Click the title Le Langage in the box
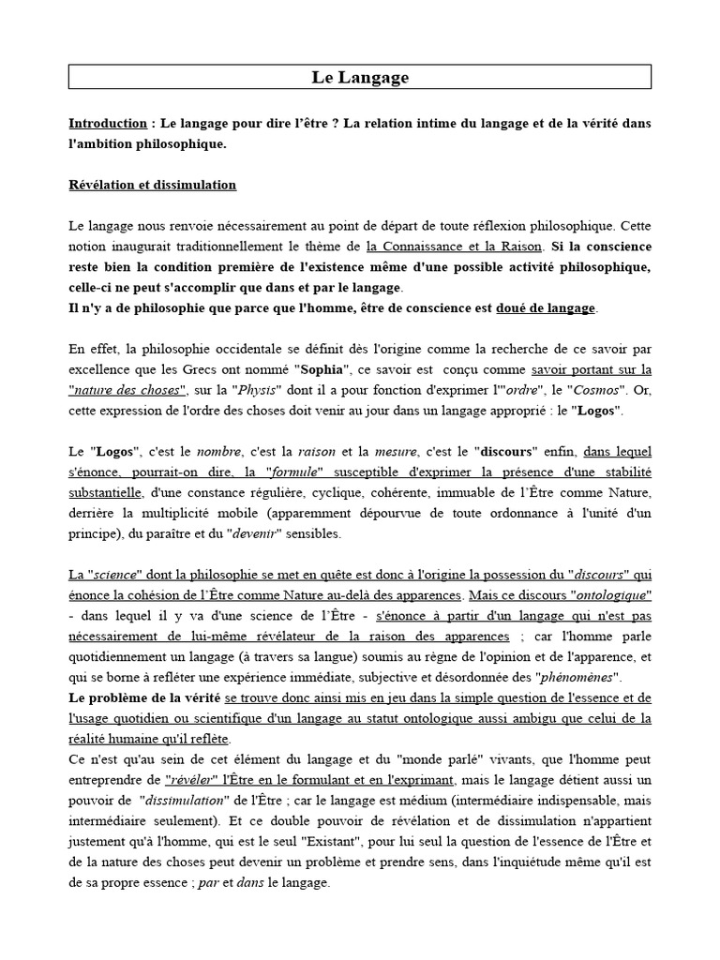[360, 78]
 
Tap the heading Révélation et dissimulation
[152, 185]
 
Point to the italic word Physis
[257, 389]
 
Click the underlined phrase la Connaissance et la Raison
[454, 247]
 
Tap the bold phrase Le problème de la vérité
[144, 698]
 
